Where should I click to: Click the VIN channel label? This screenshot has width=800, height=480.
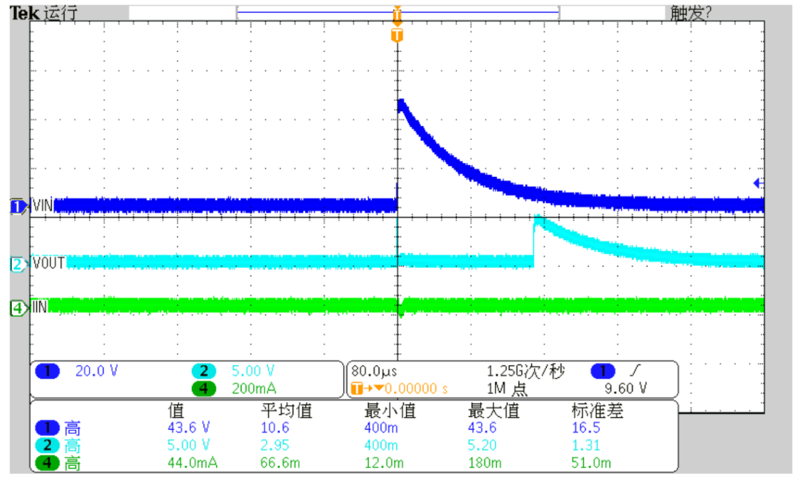point(43,205)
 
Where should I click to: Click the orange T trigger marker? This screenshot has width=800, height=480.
point(397,35)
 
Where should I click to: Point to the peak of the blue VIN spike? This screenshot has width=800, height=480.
point(401,101)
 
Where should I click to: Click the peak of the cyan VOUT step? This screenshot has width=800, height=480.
point(537,220)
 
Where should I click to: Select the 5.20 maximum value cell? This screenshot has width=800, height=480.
point(481,445)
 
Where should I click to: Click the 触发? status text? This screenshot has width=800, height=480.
point(691,13)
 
